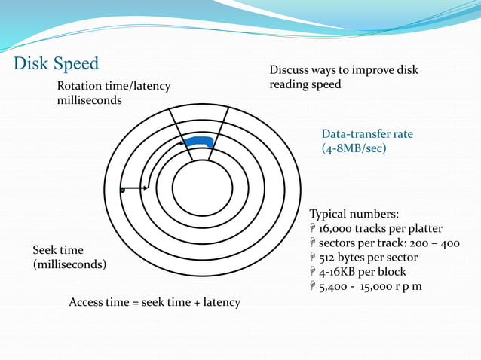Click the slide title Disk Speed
pos(57,63)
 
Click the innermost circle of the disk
pos(202,189)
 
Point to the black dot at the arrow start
pos(121,191)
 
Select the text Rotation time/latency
pos(114,86)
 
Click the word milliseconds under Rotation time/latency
pos(90,100)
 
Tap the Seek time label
pos(58,250)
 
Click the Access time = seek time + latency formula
pos(155,302)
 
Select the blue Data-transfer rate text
pos(367,134)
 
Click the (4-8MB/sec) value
pos(354,148)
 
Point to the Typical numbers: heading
pos(349,213)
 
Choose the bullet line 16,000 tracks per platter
pos(381,228)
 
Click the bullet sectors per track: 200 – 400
pos(389,243)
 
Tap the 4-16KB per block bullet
pos(363,271)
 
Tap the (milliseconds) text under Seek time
pos(69,264)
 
